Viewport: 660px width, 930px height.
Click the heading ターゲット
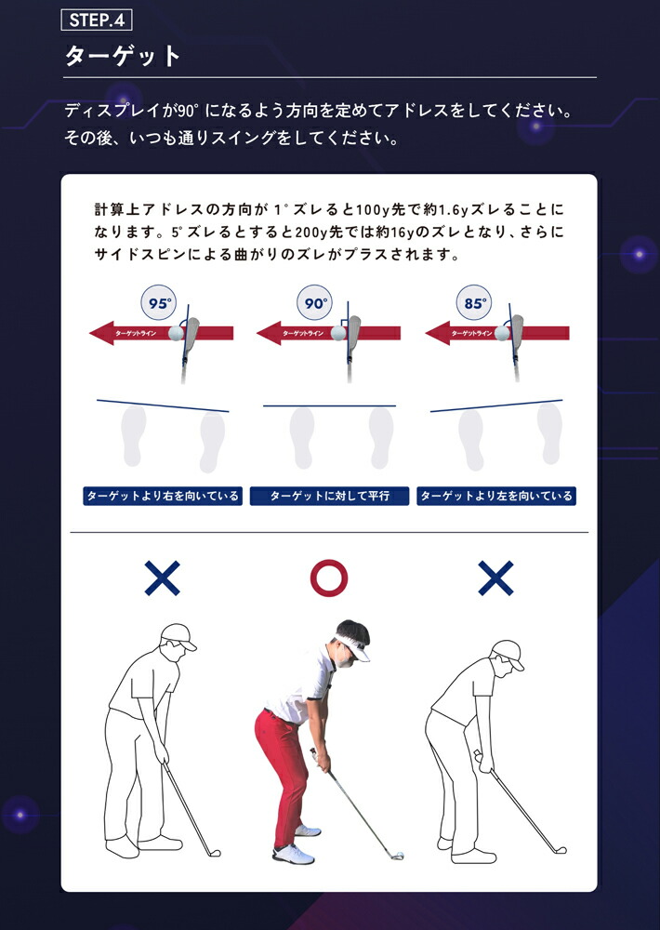pyautogui.click(x=123, y=56)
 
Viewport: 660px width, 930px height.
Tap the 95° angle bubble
pyautogui.click(x=160, y=304)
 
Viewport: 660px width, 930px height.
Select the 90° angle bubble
pyautogui.click(x=314, y=304)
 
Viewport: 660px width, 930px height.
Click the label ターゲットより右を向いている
pyautogui.click(x=162, y=496)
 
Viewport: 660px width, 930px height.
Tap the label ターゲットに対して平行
pyautogui.click(x=329, y=496)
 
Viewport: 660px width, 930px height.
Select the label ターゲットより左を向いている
pyautogui.click(x=496, y=496)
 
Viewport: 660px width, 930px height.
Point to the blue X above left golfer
pyautogui.click(x=162, y=578)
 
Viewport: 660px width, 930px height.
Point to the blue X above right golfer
pyautogui.click(x=495, y=578)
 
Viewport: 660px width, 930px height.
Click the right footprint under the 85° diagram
pyautogui.click(x=548, y=435)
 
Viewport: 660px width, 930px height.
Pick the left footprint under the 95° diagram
pyautogui.click(x=134, y=434)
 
